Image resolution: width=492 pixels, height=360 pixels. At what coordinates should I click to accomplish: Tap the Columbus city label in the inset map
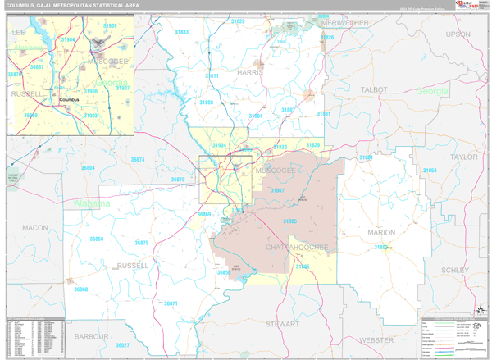pyautogui.click(x=71, y=100)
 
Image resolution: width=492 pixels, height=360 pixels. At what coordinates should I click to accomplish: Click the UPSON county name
pyautogui.click(x=458, y=34)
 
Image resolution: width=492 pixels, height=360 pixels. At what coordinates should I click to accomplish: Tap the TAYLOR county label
pyautogui.click(x=463, y=156)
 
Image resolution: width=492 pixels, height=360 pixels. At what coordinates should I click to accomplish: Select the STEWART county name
pyautogui.click(x=281, y=325)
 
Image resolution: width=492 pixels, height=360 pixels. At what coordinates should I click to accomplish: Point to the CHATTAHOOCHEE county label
pyautogui.click(x=298, y=247)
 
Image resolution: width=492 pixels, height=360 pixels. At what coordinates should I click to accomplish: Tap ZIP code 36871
pyautogui.click(x=171, y=304)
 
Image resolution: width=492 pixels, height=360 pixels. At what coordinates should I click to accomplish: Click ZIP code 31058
pyautogui.click(x=430, y=171)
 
